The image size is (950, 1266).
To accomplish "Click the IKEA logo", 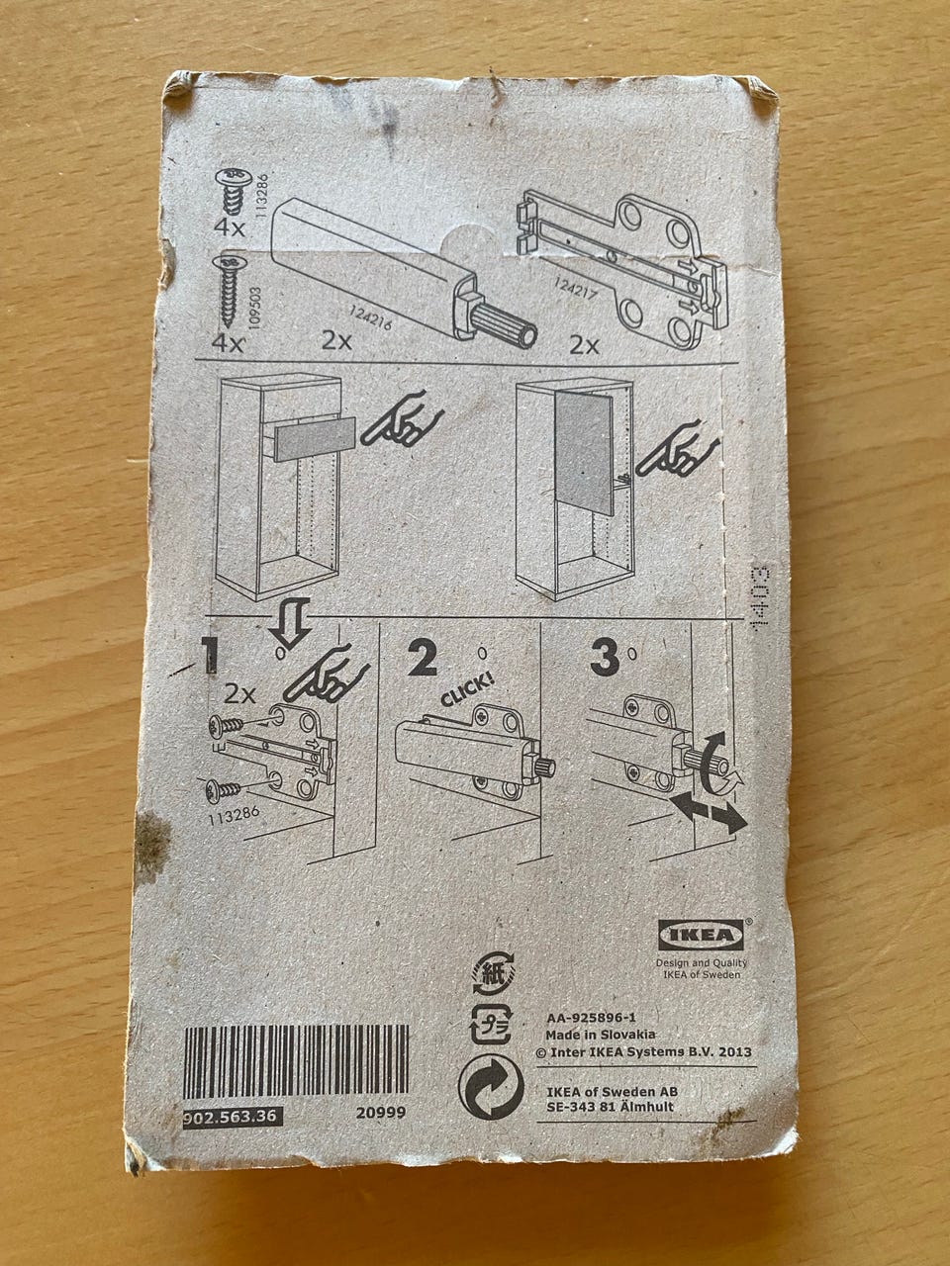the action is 701,935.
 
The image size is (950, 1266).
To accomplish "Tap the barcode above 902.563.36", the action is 296,1062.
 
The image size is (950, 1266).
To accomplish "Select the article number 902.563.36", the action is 233,1118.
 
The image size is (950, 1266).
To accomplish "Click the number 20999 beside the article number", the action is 381,1112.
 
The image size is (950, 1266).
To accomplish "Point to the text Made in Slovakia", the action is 601,1035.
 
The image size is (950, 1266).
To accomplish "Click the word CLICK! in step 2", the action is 468,689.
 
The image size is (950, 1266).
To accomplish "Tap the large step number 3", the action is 604,659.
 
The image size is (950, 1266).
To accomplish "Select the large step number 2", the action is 423,658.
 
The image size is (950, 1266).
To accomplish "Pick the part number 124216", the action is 370,317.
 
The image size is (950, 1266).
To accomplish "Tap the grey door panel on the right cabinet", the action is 583,453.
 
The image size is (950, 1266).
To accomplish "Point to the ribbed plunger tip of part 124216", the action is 503,326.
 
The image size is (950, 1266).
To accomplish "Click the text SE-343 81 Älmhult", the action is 611,1106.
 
